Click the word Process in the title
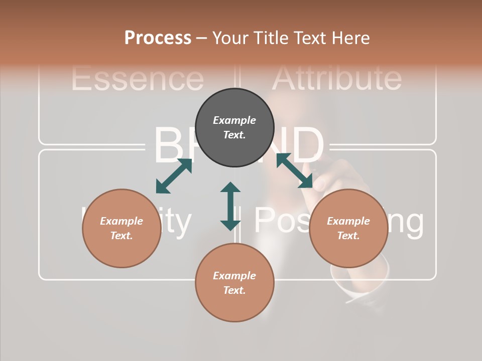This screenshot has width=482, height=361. pos(158,38)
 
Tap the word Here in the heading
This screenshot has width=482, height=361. pos(349,38)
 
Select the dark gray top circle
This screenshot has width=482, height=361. pos(234,127)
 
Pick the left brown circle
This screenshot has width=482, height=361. pos(122,228)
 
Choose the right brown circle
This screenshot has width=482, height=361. pos(348,228)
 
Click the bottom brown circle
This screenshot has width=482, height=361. pos(234,283)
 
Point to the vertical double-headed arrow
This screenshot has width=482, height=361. pos(230,206)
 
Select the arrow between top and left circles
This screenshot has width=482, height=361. pos(174,176)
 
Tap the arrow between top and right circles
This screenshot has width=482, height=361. pos(294,171)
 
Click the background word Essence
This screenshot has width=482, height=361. pos(137,79)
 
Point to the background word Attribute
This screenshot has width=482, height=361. pos(336,78)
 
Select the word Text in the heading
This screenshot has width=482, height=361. pos(308,38)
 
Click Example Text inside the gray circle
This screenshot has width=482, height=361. pos(234,127)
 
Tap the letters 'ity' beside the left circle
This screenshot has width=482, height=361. pos(177,222)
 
